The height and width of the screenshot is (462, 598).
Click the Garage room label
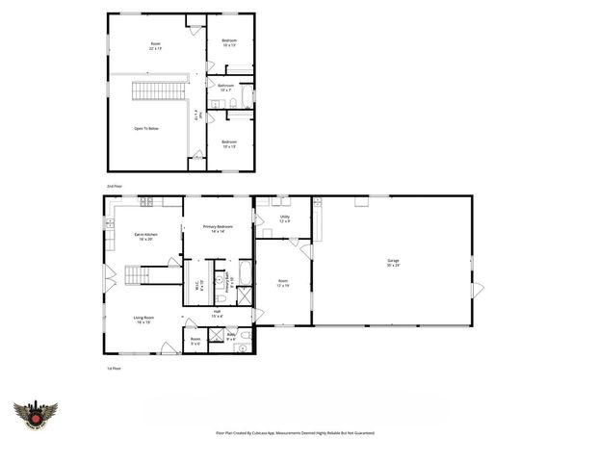click(392, 262)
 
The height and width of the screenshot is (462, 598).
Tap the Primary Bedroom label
click(219, 228)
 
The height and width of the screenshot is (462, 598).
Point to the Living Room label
click(144, 320)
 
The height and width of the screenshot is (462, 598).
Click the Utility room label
click(285, 218)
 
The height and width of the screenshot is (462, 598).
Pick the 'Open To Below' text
click(146, 128)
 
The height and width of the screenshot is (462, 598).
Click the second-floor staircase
click(153, 91)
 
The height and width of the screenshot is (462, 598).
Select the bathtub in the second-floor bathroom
click(246, 97)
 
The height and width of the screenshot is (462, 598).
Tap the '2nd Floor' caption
click(115, 184)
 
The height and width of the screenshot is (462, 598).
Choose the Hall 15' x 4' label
click(218, 313)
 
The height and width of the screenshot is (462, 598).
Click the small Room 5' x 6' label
click(195, 341)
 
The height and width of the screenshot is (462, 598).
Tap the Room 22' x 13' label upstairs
click(155, 46)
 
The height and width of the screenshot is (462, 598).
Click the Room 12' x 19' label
click(282, 284)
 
